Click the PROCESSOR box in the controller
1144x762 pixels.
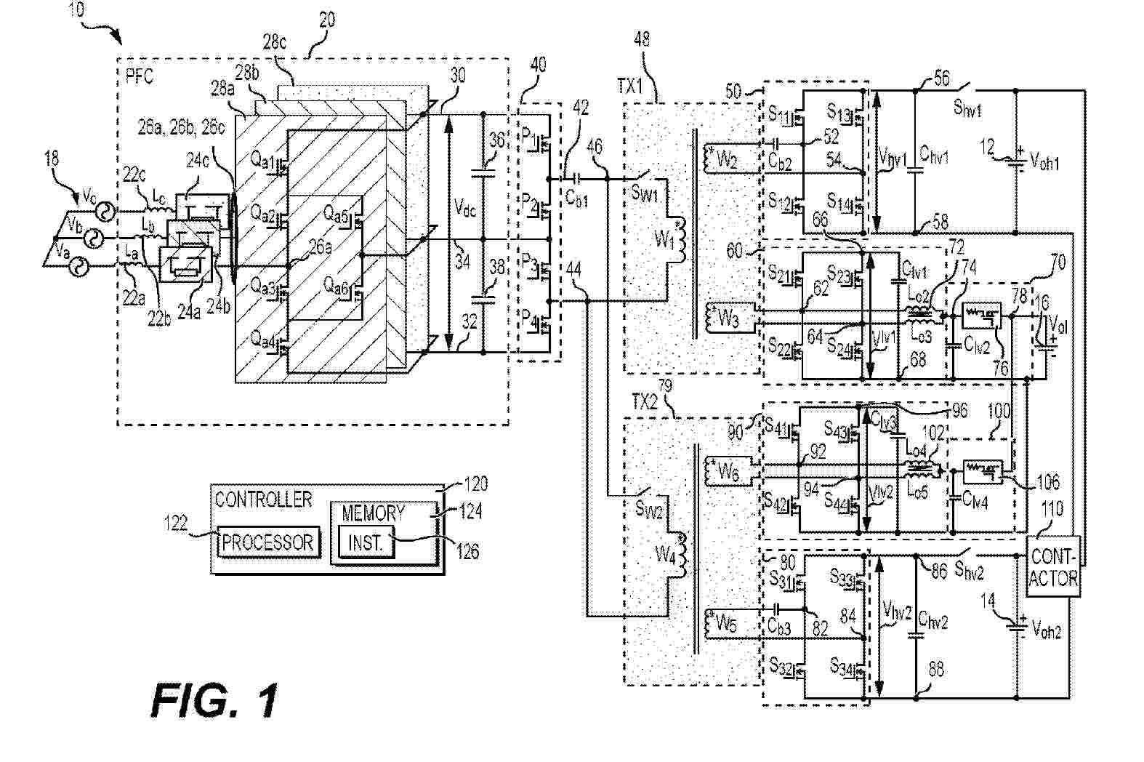(268, 542)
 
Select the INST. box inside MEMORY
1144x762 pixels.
(366, 543)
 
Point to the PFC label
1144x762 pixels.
(139, 76)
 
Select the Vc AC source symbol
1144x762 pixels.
(105, 212)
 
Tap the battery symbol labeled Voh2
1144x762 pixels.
(1017, 626)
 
